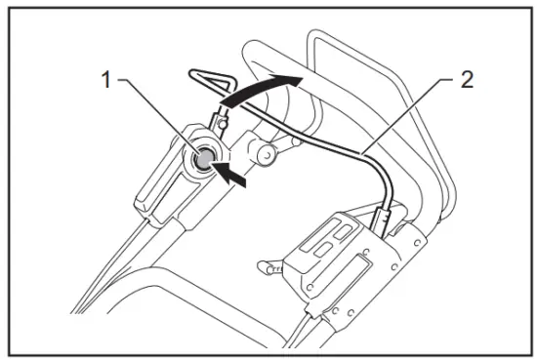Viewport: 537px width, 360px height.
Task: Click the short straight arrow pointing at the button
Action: click(233, 176)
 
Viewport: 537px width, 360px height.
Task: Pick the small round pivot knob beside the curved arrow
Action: click(261, 152)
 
